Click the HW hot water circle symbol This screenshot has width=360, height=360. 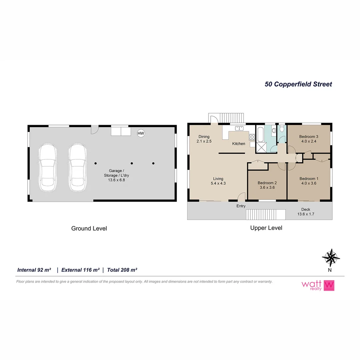[141, 133]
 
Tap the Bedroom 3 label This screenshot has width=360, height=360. [309, 137]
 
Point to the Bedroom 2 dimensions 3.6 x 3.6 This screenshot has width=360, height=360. [267, 187]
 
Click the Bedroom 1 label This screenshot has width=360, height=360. [309, 178]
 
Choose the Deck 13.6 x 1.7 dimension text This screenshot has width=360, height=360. [306, 214]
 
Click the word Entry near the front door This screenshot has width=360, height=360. [241, 206]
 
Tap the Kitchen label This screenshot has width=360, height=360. [239, 144]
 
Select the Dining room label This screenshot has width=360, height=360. [204, 137]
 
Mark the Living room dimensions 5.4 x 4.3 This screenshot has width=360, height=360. [218, 183]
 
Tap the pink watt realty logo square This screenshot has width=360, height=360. [329, 285]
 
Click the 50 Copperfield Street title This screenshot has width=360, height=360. [298, 84]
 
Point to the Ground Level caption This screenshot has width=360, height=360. [89, 228]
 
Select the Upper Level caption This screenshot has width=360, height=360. [266, 228]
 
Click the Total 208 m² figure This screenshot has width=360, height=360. [122, 270]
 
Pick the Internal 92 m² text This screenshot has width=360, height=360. [34, 270]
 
